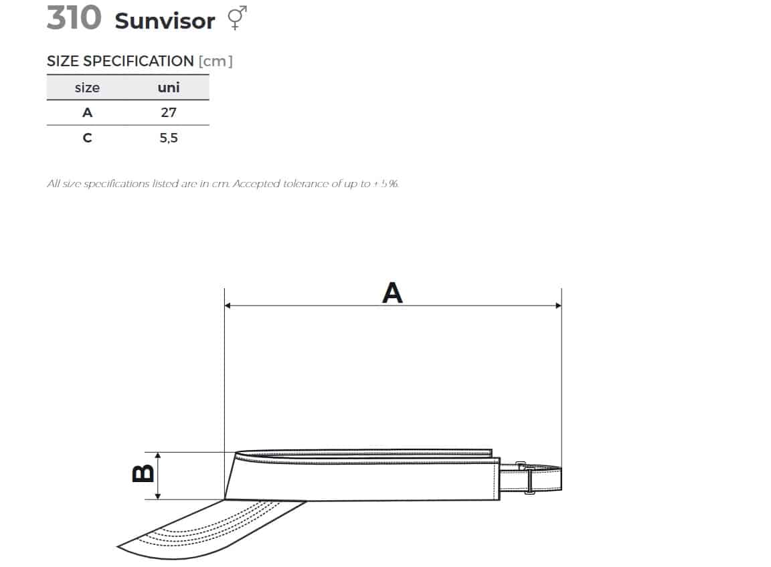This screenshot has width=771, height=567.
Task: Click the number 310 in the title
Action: click(74, 18)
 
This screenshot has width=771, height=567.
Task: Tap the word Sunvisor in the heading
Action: click(165, 21)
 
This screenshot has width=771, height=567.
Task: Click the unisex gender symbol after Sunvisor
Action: click(237, 18)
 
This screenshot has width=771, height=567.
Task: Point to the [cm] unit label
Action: click(216, 62)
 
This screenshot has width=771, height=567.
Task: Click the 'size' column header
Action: click(87, 88)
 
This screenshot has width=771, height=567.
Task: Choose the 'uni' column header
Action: click(169, 88)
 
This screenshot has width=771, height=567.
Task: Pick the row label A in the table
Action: click(87, 113)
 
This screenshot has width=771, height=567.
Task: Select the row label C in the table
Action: click(87, 138)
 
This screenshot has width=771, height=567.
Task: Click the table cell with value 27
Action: click(169, 113)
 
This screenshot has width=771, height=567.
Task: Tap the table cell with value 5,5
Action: click(169, 138)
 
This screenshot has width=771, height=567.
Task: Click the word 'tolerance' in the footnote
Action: click(305, 184)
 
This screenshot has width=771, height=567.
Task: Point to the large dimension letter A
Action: click(392, 293)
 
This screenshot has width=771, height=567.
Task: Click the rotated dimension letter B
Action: click(143, 474)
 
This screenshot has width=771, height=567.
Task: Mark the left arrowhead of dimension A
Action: click(228, 306)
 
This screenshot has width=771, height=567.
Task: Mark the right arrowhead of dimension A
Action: click(558, 306)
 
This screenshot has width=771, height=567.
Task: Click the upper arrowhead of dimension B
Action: click(158, 455)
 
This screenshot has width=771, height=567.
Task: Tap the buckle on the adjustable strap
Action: click(529, 479)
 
